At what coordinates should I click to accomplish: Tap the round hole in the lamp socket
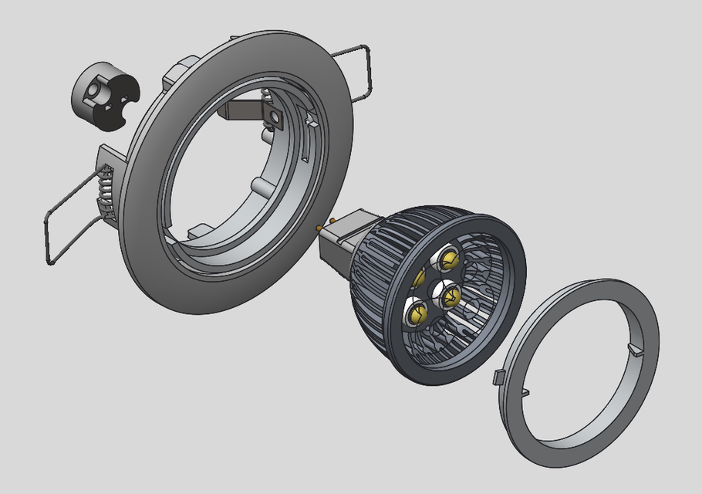click(93, 90)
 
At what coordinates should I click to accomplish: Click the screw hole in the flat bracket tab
click(274, 117)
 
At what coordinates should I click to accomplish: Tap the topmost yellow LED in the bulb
click(447, 258)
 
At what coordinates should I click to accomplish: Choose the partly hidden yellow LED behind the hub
click(420, 277)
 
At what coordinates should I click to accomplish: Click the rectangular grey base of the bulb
click(339, 239)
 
